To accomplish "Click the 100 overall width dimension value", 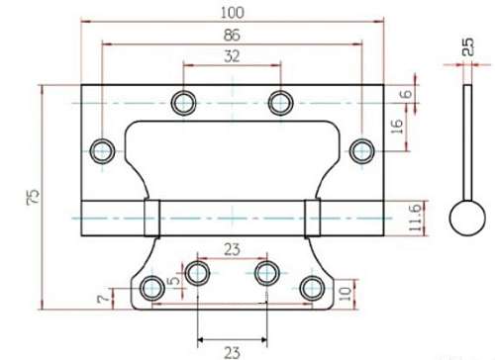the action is click(x=233, y=13).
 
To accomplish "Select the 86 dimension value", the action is click(x=232, y=35).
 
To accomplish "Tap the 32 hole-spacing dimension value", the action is click(x=232, y=56).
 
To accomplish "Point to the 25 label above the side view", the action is click(x=467, y=46).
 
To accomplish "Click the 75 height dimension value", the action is click(x=33, y=197).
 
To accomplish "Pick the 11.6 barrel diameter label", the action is click(x=415, y=218).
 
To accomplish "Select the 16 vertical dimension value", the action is click(x=397, y=127).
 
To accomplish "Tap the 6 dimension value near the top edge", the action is click(x=406, y=94).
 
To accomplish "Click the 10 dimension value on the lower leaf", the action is click(x=346, y=294).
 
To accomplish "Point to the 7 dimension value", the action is click(x=103, y=299).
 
